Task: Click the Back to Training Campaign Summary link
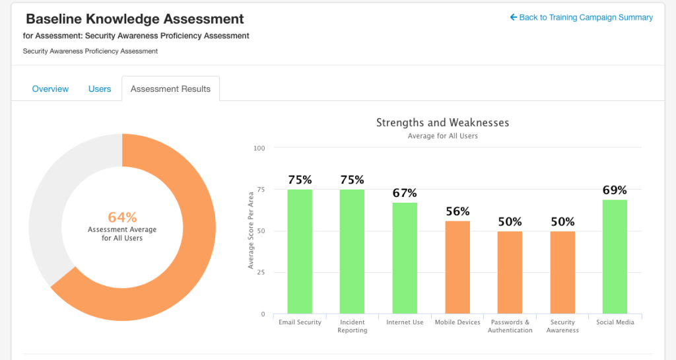point(581,17)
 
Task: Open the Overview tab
point(50,89)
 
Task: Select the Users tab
point(100,89)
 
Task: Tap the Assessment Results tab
point(170,89)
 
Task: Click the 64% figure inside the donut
point(122,217)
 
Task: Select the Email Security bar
point(300,252)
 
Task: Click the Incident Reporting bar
point(352,252)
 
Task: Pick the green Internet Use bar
point(405,258)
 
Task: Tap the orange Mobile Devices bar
point(457,268)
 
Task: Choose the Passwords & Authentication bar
point(510,273)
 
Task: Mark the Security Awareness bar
point(562,273)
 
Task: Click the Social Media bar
point(615,256)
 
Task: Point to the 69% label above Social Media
point(615,190)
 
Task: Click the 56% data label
point(457,211)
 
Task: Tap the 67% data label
point(405,193)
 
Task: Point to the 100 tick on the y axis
point(259,148)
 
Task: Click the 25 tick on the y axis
point(261,273)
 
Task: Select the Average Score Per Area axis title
point(250,231)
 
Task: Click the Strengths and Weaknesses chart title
point(442,122)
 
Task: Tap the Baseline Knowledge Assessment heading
point(135,19)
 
